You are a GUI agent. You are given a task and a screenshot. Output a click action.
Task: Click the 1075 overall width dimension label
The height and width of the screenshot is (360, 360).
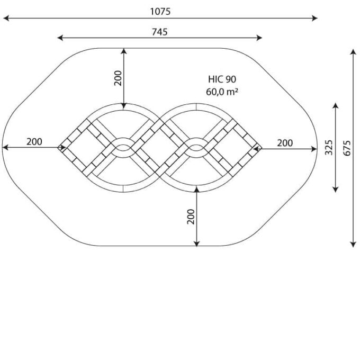click(x=160, y=12)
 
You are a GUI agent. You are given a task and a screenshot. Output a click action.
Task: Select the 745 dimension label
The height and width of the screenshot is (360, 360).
click(x=159, y=32)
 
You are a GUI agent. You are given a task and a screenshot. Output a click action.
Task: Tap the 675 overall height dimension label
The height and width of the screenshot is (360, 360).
click(x=347, y=148)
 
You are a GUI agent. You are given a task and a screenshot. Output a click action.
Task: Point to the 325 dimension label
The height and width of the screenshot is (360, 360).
click(x=329, y=147)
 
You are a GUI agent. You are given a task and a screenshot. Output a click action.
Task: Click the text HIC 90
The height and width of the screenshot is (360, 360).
click(x=222, y=79)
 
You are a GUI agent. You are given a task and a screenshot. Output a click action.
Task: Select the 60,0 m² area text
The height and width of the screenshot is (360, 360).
click(x=222, y=92)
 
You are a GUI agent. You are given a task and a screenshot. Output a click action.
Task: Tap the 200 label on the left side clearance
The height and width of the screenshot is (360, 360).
click(x=34, y=142)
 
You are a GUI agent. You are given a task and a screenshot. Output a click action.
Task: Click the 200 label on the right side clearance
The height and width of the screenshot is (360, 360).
click(x=285, y=143)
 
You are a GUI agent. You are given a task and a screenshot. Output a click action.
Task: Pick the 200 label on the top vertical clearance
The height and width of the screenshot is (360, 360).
click(x=118, y=78)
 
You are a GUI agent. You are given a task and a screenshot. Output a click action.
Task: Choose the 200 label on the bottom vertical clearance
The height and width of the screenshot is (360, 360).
click(x=191, y=217)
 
